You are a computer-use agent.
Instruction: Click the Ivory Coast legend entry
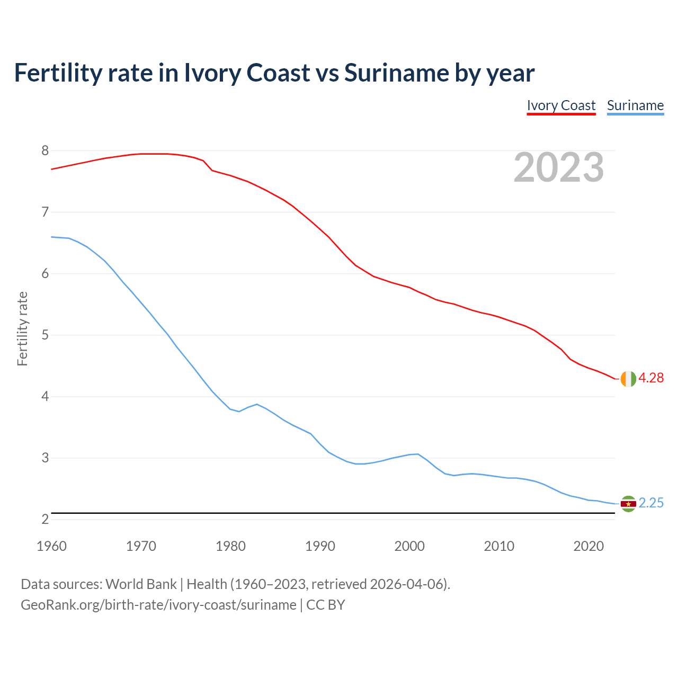click(x=561, y=105)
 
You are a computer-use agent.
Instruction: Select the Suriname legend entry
click(x=635, y=105)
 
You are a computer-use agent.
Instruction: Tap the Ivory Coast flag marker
click(x=628, y=379)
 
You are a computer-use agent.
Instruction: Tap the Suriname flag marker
click(x=628, y=504)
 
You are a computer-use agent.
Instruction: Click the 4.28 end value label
click(x=651, y=378)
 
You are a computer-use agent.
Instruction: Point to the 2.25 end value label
click(x=651, y=503)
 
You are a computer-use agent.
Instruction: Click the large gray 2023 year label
click(x=559, y=167)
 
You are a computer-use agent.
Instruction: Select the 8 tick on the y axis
click(x=45, y=151)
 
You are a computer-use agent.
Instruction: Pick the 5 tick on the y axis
click(x=45, y=335)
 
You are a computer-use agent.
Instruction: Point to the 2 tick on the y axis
click(x=45, y=520)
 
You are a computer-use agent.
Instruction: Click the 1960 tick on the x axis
click(x=51, y=546)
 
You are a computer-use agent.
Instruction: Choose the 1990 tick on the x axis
click(x=320, y=546)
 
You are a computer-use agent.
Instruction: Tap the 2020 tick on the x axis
click(x=588, y=546)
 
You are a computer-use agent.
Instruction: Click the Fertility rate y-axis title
click(x=22, y=328)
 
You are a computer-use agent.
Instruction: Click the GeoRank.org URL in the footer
click(x=158, y=605)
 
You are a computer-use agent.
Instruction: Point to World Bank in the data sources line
click(x=141, y=584)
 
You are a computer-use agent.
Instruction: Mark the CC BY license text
click(x=326, y=605)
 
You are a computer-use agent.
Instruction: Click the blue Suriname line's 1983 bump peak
click(x=257, y=404)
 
